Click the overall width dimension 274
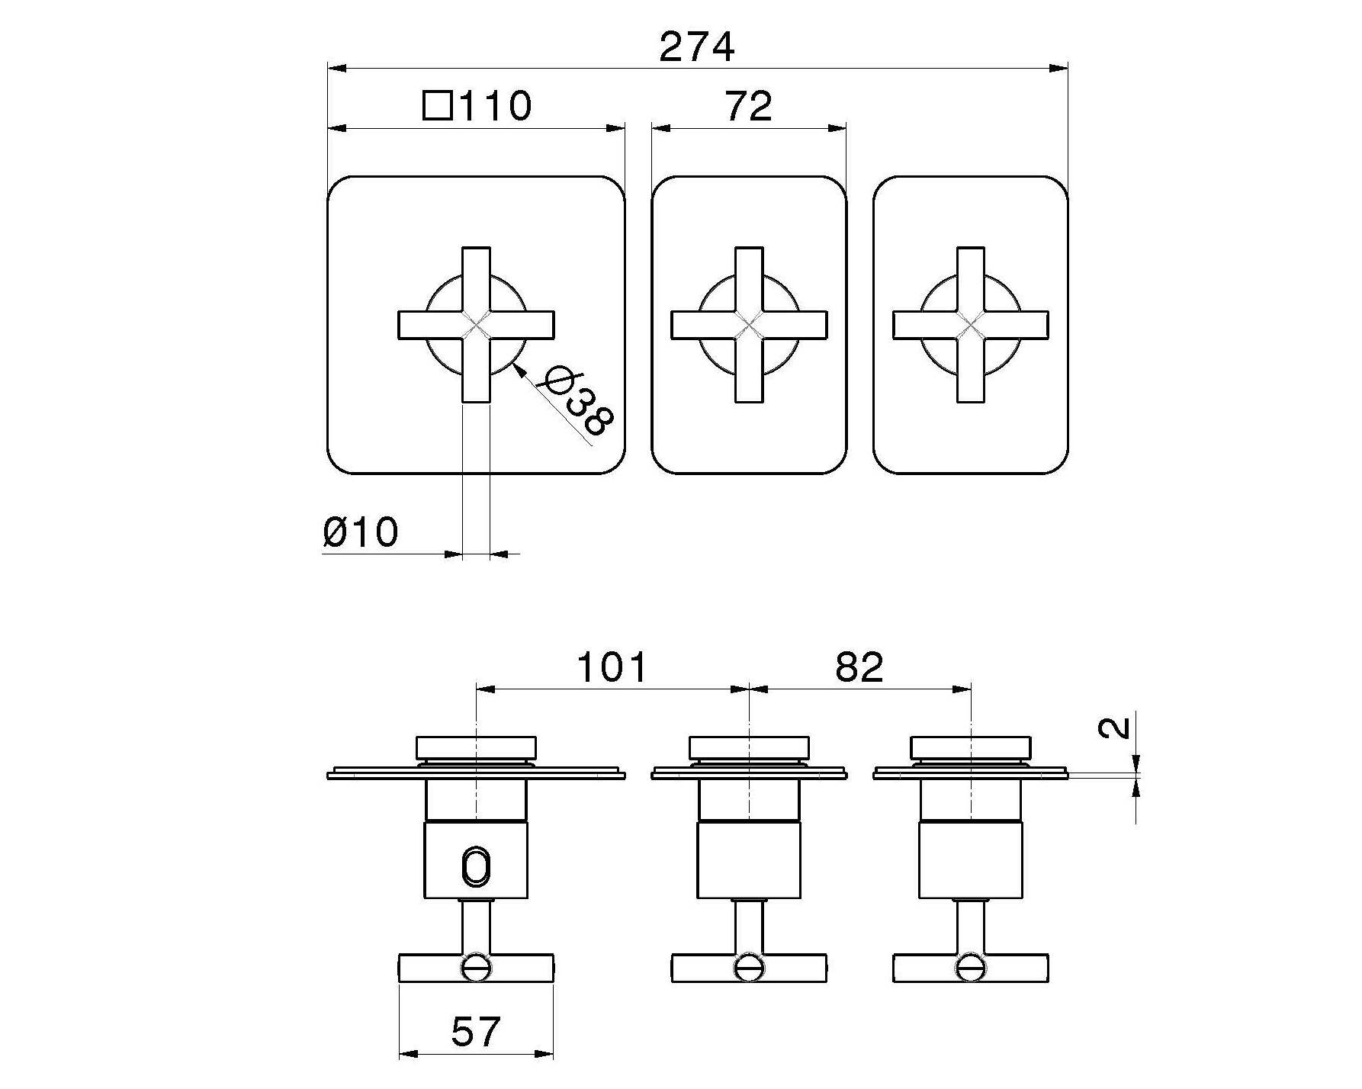696,47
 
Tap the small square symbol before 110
437,106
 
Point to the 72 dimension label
748,106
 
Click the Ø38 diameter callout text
579,401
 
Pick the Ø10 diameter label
360,532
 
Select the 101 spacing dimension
612,667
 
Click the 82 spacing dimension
859,667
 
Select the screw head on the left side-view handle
476,968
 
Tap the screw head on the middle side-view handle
749,968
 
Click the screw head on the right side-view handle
970,968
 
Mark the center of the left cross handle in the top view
476,325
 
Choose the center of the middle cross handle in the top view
749,325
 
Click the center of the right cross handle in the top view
970,325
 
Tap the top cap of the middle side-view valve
749,747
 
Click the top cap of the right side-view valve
970,747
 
